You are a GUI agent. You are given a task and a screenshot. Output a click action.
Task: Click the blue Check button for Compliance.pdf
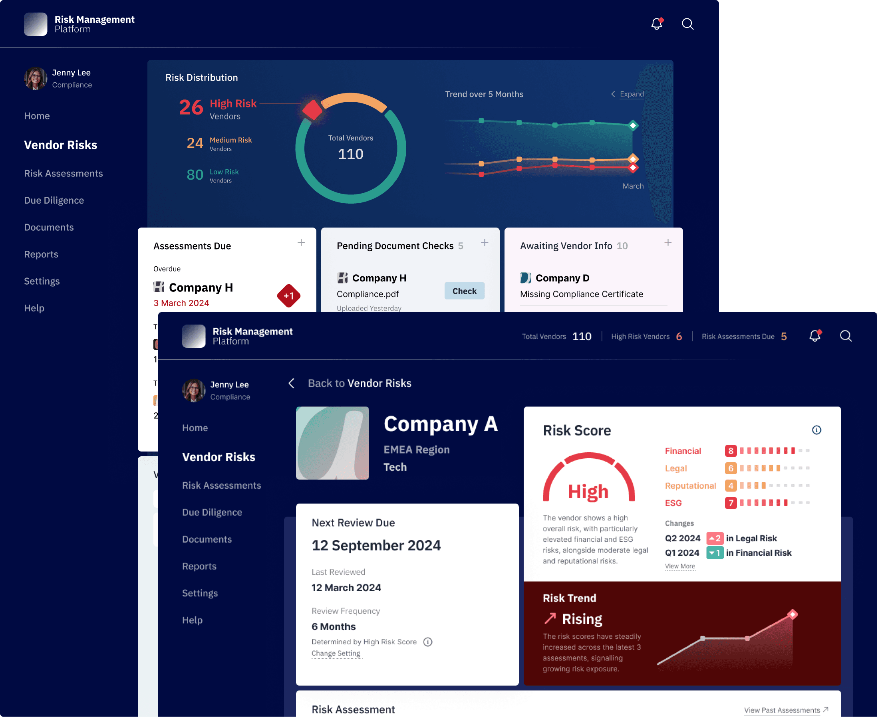(464, 291)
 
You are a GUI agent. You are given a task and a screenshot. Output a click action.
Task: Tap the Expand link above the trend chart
(631, 94)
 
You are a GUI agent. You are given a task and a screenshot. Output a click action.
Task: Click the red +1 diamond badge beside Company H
(288, 296)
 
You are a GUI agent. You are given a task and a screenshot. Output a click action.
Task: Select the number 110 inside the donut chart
(350, 154)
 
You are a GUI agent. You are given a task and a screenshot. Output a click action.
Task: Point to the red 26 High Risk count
(191, 107)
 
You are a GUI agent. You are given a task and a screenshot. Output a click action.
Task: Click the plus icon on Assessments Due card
(301, 242)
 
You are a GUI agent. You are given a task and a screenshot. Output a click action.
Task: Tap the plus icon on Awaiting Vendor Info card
(668, 242)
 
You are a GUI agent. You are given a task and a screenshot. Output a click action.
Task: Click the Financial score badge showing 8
(731, 451)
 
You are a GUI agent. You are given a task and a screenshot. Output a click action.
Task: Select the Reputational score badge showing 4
(731, 485)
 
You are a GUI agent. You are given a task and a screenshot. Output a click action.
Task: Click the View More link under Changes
(680, 566)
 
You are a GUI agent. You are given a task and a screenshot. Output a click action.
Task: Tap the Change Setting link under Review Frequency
(336, 654)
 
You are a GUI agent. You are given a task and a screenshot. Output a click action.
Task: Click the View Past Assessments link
(782, 710)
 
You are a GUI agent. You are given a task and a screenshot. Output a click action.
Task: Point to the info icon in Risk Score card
(816, 430)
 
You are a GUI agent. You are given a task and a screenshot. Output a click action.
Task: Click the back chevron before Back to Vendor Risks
(291, 383)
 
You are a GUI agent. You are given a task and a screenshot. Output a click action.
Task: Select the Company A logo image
(332, 443)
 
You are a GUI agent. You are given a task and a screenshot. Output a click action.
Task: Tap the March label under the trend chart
(633, 186)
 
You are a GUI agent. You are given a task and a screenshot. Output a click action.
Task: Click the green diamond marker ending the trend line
(633, 125)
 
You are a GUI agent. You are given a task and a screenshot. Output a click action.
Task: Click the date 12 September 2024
(376, 545)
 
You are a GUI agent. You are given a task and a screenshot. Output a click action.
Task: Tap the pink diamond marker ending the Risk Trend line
(793, 614)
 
